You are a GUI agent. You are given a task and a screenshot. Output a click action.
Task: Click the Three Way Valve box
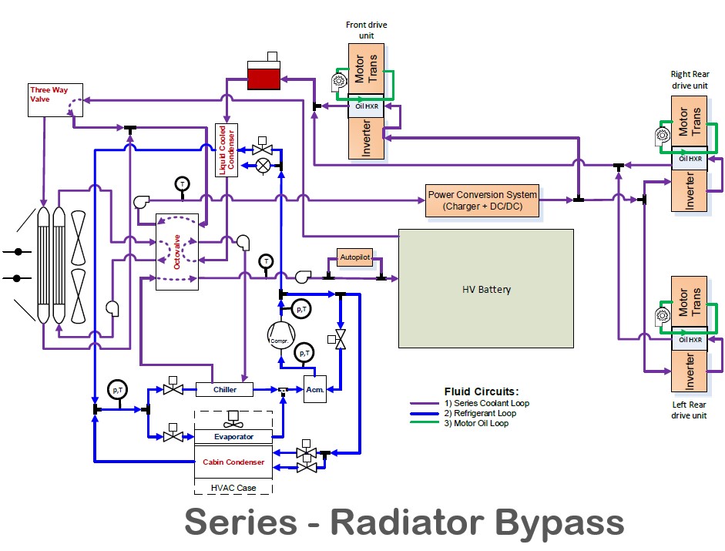49,99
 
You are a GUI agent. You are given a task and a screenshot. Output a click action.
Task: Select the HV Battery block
485,289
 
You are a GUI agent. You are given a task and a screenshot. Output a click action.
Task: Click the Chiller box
225,390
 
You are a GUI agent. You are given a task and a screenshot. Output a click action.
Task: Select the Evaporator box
233,436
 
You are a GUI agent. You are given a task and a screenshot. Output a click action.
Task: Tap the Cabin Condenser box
233,462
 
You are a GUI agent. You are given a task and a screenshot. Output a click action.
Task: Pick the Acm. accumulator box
314,390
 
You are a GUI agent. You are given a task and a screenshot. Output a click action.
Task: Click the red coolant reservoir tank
264,77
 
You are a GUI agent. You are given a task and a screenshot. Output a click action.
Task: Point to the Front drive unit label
367,30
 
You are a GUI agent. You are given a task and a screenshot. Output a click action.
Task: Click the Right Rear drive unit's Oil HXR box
690,159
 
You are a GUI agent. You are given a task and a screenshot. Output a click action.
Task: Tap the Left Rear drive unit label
688,410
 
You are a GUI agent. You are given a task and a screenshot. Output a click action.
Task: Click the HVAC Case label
233,488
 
